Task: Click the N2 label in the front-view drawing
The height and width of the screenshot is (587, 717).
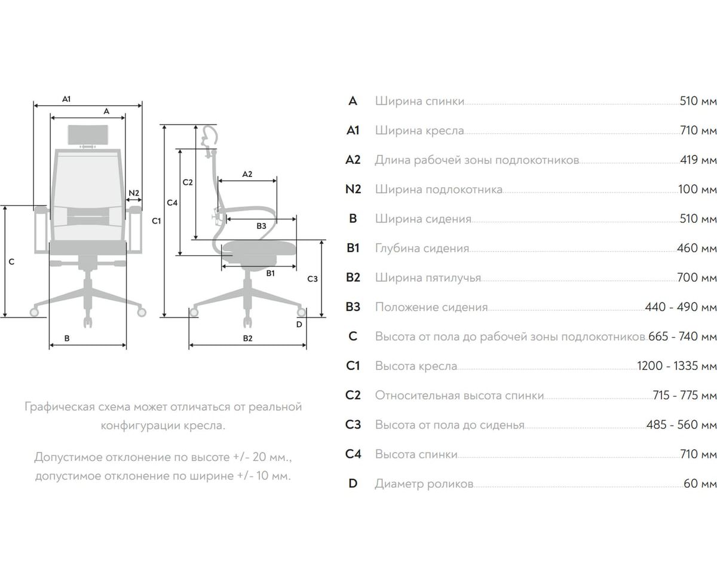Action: click(134, 193)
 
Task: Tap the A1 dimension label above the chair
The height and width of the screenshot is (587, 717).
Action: click(66, 99)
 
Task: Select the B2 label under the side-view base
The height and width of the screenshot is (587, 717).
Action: click(247, 338)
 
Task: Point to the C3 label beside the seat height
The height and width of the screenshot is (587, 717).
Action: click(312, 279)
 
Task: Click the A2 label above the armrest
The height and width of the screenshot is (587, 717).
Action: click(247, 174)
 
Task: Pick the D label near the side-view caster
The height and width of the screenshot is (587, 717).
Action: click(299, 325)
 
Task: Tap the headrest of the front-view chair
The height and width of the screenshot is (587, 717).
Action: click(88, 134)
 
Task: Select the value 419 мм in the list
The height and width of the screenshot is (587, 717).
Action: click(698, 160)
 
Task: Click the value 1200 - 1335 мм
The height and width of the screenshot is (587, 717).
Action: click(677, 366)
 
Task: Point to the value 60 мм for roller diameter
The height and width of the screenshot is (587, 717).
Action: click(700, 483)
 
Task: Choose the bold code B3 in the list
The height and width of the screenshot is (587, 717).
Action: click(353, 307)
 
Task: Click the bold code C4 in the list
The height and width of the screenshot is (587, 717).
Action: click(353, 454)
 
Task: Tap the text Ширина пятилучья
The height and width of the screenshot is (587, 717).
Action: click(428, 278)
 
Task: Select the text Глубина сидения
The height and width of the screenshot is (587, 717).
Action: click(422, 248)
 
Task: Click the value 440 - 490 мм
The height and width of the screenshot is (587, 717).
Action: click(681, 307)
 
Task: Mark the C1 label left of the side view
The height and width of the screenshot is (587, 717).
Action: click(156, 221)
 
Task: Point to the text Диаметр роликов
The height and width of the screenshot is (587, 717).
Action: click(424, 484)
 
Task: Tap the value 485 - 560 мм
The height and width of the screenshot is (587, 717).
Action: click(682, 424)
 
